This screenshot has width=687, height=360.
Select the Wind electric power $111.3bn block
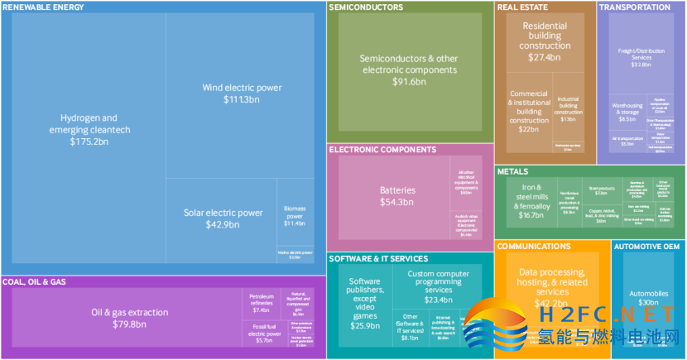pyautogui.click(x=242, y=94)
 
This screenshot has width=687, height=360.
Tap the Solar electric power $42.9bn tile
pyautogui.click(x=222, y=218)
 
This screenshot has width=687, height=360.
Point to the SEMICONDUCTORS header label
pyautogui.click(x=366, y=7)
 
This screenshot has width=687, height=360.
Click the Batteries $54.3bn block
pyautogui.click(x=397, y=196)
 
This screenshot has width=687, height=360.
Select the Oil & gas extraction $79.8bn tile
pyautogui.click(x=129, y=318)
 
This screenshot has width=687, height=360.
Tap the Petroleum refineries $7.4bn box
pyautogui.click(x=262, y=302)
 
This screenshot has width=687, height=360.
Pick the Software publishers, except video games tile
pyautogui.click(x=363, y=303)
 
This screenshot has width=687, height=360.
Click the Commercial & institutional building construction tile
pyautogui.click(x=528, y=113)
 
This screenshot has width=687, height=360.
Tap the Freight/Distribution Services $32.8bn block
pyautogui.click(x=641, y=57)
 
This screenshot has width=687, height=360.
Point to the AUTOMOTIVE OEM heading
pyautogui.click(x=647, y=247)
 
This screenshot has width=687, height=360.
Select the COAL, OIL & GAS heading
pyautogui.click(x=35, y=281)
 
